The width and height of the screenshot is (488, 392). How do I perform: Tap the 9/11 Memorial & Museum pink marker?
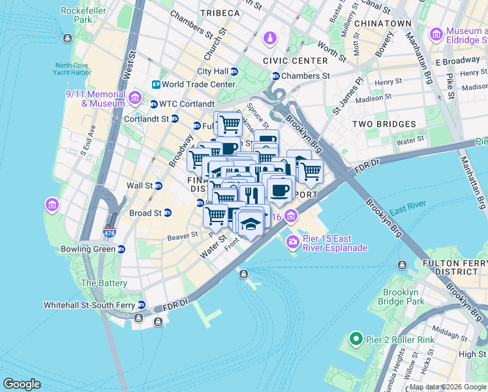tap(135, 99)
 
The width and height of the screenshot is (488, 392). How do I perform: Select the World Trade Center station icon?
tap(157, 84)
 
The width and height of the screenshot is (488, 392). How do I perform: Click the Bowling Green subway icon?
tap(121, 249)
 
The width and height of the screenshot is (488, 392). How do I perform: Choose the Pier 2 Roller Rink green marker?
tap(356, 339)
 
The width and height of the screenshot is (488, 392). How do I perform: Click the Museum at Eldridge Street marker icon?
tap(436, 33)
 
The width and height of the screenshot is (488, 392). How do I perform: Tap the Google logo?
tap(22, 384)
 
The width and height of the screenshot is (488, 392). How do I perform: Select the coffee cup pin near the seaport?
tap(281, 189)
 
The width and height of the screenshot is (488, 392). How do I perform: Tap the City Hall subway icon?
tap(234, 71)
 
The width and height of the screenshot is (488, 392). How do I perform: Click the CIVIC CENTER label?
tap(295, 61)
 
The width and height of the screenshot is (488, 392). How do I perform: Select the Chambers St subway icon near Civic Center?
tap(275, 76)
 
